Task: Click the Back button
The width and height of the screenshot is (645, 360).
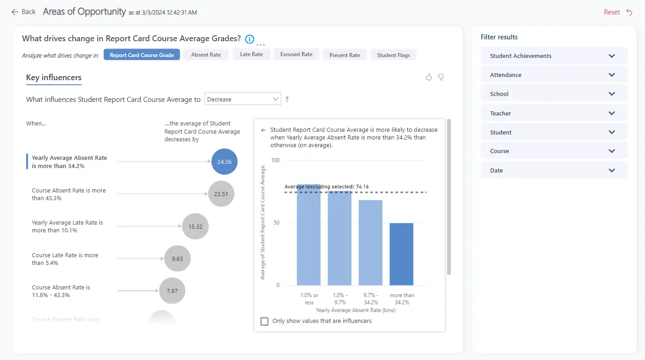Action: click(24, 12)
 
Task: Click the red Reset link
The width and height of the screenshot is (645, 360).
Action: click(612, 12)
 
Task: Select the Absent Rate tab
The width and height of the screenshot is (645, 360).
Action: click(206, 55)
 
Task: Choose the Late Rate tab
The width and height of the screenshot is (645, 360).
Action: click(251, 54)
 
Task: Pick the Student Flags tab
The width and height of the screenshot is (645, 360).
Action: click(393, 55)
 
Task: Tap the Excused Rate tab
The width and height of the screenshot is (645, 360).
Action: click(296, 54)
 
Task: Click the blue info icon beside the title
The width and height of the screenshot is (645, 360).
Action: click(249, 39)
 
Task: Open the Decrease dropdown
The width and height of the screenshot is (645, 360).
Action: click(243, 99)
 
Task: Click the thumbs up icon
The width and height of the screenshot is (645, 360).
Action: click(429, 77)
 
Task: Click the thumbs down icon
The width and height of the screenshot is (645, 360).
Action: click(440, 77)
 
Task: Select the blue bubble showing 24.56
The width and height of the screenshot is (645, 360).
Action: click(224, 162)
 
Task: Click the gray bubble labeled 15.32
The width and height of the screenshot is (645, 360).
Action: click(195, 226)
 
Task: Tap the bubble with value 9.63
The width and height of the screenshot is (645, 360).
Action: click(177, 259)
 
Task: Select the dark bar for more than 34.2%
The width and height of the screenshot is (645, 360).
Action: click(401, 254)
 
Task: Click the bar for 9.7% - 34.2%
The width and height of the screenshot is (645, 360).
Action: click(370, 243)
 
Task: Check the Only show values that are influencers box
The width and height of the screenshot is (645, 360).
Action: click(264, 321)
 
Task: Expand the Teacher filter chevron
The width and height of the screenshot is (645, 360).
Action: click(612, 113)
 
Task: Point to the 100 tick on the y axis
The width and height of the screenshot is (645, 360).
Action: click(275, 160)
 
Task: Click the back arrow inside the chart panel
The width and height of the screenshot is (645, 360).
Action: click(263, 130)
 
